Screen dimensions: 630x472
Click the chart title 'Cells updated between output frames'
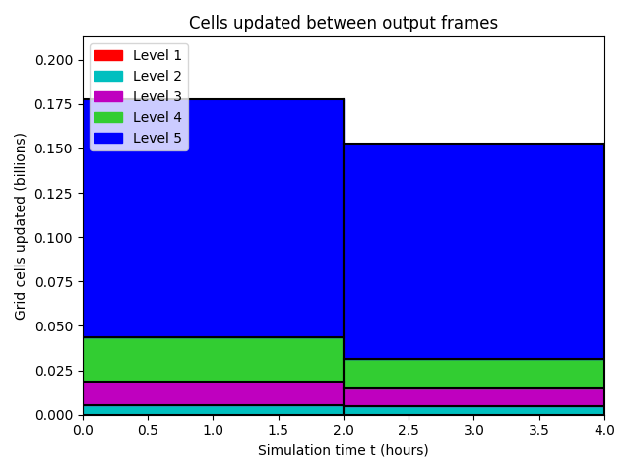click(x=344, y=23)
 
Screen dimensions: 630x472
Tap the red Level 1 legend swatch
click(x=108, y=55)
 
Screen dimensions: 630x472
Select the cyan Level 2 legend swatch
click(x=108, y=76)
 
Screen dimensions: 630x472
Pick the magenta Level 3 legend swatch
click(x=108, y=96)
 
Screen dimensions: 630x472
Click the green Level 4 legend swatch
click(x=108, y=117)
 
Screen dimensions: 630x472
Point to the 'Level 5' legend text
click(x=157, y=138)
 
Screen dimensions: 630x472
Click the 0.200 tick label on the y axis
click(x=54, y=60)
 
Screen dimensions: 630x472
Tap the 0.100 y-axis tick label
click(x=54, y=238)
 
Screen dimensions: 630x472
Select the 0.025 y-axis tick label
click(x=54, y=371)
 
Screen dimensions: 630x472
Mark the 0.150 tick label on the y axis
click(x=54, y=148)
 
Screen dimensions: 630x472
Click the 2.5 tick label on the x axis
click(x=409, y=430)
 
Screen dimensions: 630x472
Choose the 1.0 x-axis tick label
click(x=213, y=430)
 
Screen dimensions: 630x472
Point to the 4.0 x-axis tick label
click(x=604, y=430)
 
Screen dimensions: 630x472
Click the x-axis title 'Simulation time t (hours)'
click(x=344, y=450)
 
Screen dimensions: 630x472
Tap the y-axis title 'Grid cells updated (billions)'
click(x=20, y=226)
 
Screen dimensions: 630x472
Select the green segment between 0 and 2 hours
click(x=213, y=359)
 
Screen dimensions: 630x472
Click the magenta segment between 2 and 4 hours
click(x=474, y=397)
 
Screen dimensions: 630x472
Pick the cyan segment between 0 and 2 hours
click(x=213, y=410)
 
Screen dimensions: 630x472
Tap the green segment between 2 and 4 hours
click(x=474, y=374)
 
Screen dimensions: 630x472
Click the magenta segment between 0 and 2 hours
click(x=213, y=393)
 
